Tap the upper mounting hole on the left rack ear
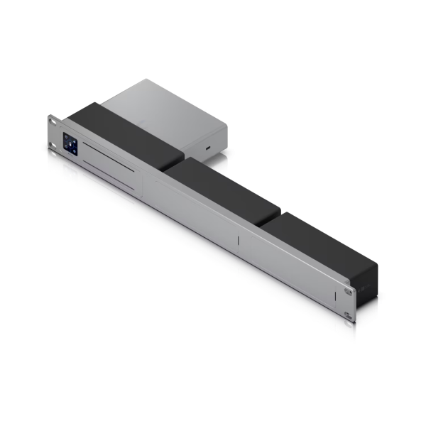click(55, 123)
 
